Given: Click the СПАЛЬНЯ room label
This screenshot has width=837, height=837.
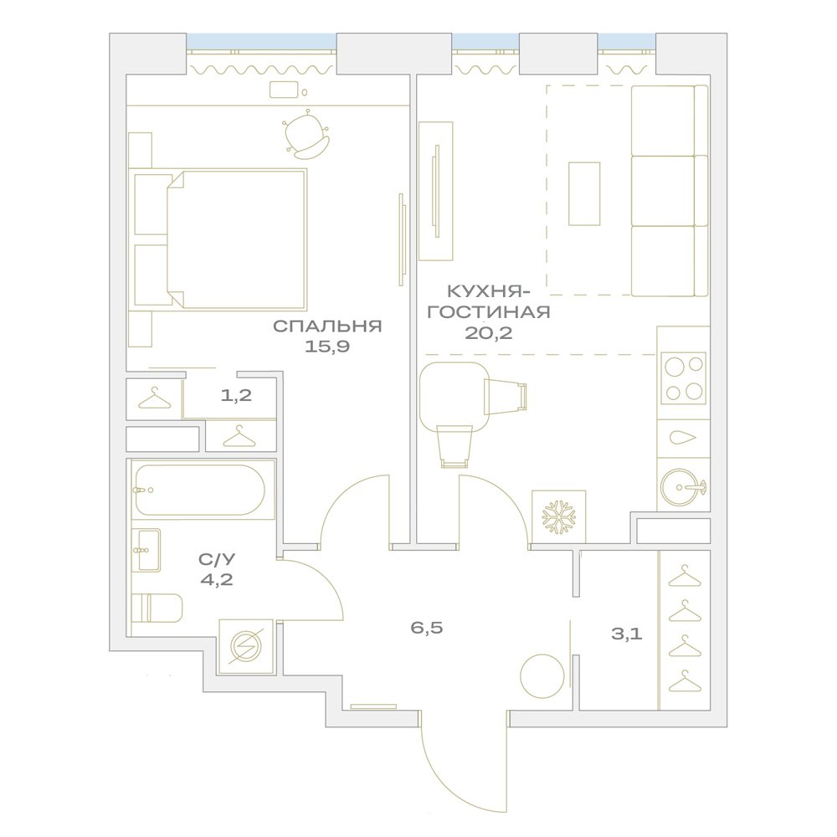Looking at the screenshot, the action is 327,326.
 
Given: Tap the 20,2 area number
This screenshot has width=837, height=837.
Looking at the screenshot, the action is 489,333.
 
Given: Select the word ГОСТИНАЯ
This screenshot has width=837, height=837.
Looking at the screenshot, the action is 489,311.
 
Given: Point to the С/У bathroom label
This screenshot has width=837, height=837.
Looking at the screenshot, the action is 217,559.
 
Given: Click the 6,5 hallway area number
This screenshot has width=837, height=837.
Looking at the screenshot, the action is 427,627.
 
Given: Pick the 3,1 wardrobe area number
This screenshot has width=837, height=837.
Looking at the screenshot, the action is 627,634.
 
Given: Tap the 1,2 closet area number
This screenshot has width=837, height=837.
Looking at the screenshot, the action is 236,396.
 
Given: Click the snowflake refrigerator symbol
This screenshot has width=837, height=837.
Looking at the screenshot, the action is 559,516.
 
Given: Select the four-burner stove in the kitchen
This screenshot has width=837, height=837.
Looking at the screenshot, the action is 683,378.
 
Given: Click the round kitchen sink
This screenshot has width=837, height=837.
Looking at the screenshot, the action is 681,487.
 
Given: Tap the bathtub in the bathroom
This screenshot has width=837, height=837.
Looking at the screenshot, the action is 200,490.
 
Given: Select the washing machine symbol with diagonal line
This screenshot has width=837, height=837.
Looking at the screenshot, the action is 246,646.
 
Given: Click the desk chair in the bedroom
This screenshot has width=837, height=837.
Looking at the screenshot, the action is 306,135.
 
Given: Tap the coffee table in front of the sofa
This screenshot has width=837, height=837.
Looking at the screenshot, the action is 584,194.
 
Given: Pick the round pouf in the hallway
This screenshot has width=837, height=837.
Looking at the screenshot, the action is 542,676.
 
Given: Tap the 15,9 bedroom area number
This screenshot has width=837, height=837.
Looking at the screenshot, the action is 327,347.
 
